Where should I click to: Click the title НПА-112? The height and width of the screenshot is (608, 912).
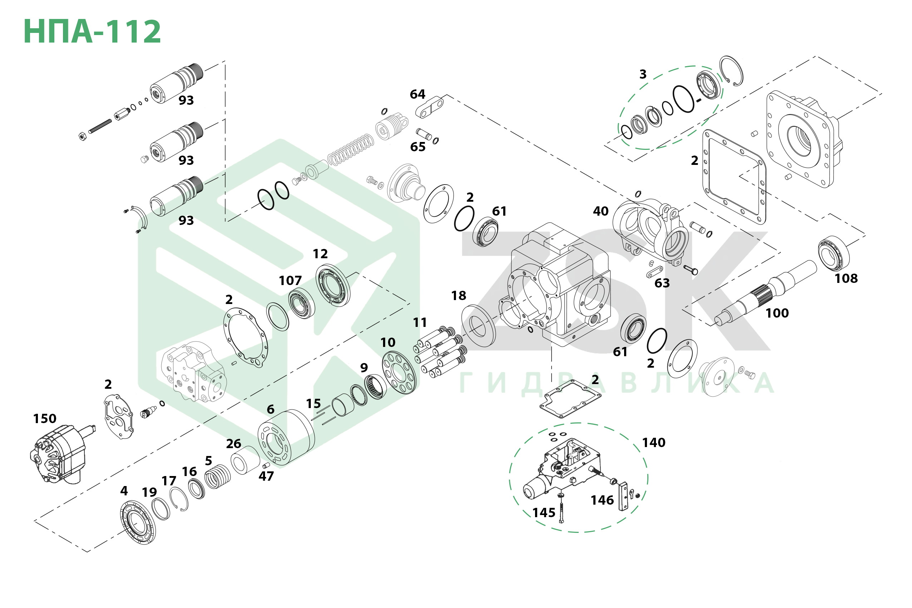(x=92, y=31)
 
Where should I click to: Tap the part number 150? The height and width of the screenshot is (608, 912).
(x=45, y=419)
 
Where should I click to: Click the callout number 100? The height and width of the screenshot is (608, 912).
(x=777, y=313)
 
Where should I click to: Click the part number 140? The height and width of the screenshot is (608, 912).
(x=653, y=442)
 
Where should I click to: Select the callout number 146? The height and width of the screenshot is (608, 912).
(x=602, y=500)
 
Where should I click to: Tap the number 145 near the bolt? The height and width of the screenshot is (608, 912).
(x=544, y=513)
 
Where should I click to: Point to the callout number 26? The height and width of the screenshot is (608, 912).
(x=234, y=443)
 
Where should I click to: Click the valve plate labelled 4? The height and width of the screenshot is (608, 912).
(x=138, y=521)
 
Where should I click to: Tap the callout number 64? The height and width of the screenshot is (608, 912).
(x=417, y=94)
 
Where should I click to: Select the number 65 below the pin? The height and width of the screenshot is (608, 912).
(x=418, y=147)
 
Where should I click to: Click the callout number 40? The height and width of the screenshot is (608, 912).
(x=600, y=211)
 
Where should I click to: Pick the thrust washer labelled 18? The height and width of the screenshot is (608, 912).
(x=478, y=326)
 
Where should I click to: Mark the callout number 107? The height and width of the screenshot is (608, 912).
(x=290, y=280)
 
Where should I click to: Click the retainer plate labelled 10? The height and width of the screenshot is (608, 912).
(x=399, y=372)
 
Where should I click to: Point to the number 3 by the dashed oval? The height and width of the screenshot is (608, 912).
(x=643, y=74)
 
